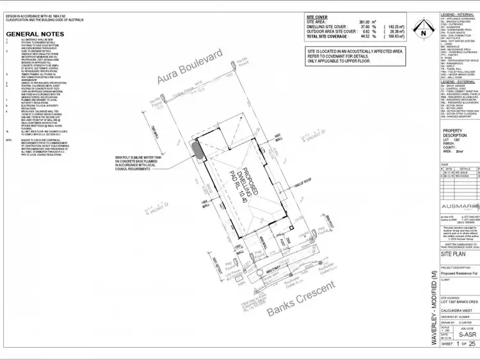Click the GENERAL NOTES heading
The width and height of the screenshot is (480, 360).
(x=35, y=33)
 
